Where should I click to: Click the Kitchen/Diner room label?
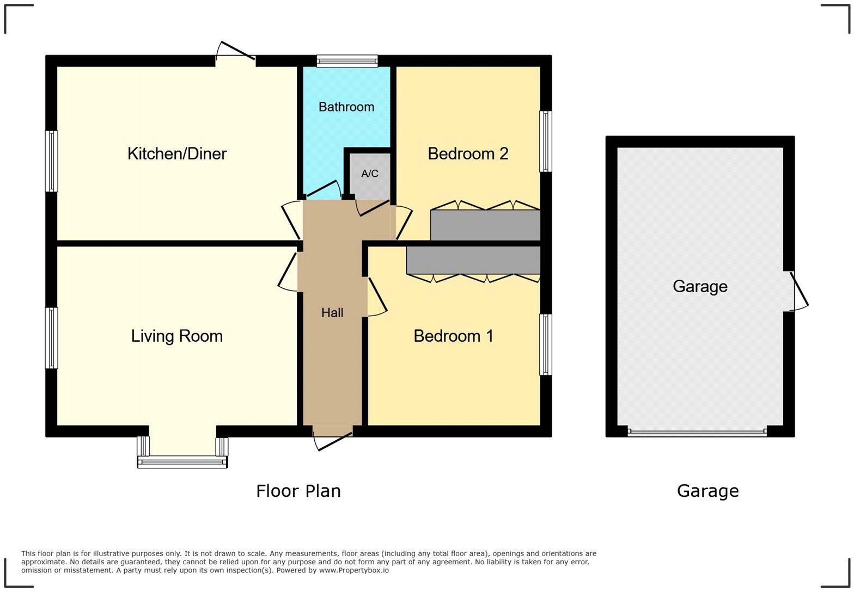point(177,153)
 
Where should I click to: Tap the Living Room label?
point(177,336)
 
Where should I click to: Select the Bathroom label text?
point(346,107)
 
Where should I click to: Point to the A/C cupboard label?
point(370,174)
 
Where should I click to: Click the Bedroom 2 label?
point(468,153)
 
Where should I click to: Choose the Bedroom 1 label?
point(454,336)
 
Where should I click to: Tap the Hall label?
point(332,312)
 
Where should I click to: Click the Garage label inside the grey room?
point(700,286)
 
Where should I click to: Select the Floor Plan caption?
point(298,491)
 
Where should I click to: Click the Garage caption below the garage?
point(707,491)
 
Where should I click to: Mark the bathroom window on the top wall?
point(347,60)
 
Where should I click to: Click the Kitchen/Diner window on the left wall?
point(51,161)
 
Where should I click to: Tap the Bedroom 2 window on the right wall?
point(546,141)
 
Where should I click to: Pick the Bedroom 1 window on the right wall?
point(546,344)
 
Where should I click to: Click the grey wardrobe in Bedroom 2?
point(485,225)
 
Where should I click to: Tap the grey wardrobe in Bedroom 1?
point(473,260)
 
